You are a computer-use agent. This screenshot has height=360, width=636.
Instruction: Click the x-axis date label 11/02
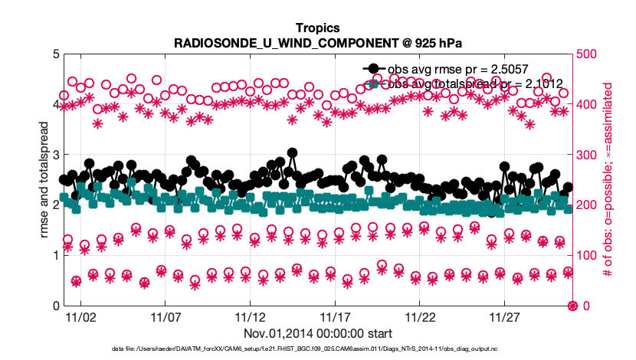[80, 316]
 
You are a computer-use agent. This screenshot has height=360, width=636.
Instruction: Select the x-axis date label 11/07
[165, 316]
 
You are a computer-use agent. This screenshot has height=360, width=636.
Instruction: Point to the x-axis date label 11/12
[250, 316]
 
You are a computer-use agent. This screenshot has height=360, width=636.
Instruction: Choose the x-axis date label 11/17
[335, 316]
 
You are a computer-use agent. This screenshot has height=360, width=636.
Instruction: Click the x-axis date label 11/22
[420, 316]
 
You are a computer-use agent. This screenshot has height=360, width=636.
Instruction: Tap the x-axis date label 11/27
[505, 316]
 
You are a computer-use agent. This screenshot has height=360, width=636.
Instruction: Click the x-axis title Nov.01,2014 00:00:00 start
[319, 333]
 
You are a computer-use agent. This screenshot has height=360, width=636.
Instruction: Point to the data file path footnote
[319, 349]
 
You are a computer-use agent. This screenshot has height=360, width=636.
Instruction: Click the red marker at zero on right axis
[572, 306]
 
